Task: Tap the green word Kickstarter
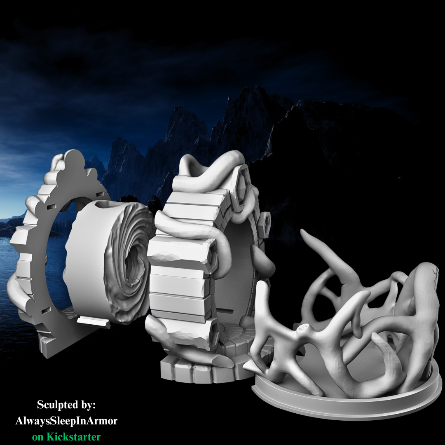[x=73, y=436]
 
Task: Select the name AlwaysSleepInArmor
[x=66, y=421]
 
